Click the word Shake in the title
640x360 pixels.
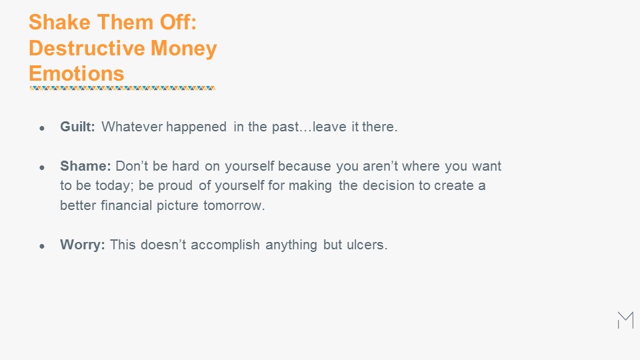(x=59, y=22)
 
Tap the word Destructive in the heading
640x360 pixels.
(x=87, y=48)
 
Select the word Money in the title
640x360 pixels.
(x=184, y=49)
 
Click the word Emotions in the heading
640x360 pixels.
(x=76, y=74)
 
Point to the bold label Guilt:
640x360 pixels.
(x=77, y=127)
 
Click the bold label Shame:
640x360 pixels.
(x=85, y=166)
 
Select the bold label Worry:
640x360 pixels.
(x=83, y=245)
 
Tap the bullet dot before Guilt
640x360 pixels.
(x=42, y=128)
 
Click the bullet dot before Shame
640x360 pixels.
(x=42, y=167)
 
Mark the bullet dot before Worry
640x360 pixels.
(x=42, y=246)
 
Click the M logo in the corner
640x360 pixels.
(x=626, y=320)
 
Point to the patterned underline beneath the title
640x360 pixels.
(x=123, y=88)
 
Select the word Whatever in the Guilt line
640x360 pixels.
(x=132, y=127)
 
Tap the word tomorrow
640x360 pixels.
(x=234, y=205)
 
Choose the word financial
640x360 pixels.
(x=126, y=205)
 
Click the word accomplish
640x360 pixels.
(x=225, y=245)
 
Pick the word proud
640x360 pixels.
(x=175, y=186)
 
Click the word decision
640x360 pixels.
(x=388, y=186)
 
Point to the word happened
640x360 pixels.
(x=196, y=127)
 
